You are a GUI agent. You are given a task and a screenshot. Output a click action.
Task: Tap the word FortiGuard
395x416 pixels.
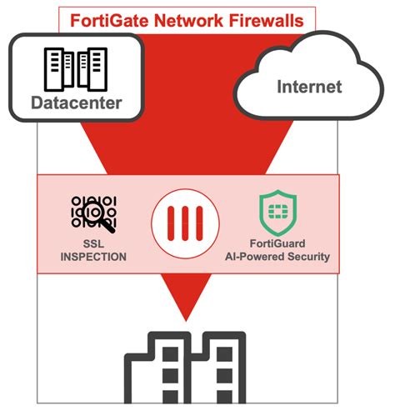click(276, 243)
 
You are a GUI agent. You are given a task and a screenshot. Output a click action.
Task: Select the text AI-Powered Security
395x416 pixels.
click(276, 258)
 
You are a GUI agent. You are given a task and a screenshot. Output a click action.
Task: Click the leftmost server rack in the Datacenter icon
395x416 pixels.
click(55, 68)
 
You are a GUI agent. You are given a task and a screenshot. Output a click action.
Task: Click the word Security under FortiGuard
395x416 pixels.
click(304, 258)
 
